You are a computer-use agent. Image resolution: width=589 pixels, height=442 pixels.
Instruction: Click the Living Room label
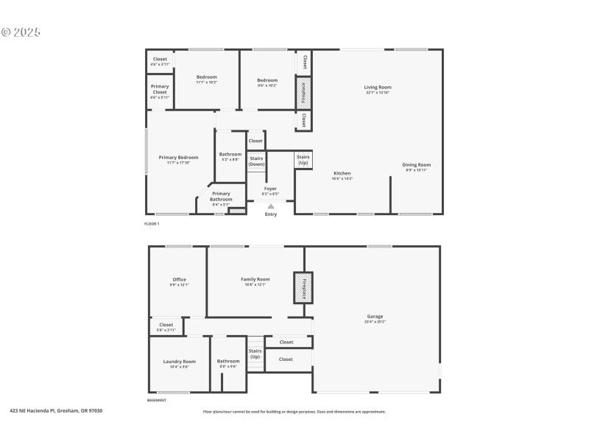click(x=378, y=87)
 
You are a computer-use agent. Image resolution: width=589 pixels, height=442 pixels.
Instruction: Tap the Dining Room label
click(x=417, y=164)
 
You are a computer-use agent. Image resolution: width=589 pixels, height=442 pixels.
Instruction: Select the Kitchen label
click(x=342, y=173)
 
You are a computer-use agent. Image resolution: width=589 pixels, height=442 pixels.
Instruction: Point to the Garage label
click(x=375, y=316)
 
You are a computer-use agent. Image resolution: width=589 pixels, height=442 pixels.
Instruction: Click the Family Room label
click(x=255, y=279)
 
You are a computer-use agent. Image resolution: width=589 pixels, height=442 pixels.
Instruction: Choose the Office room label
click(x=180, y=279)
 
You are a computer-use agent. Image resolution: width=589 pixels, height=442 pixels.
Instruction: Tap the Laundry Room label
click(x=180, y=361)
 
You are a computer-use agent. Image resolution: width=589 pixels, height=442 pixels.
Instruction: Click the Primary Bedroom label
click(x=179, y=157)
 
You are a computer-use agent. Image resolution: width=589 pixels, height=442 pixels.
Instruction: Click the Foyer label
click(x=271, y=189)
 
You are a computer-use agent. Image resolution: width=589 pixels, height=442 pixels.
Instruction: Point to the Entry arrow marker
click(x=271, y=206)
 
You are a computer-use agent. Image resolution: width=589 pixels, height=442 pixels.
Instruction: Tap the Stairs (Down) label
click(x=256, y=161)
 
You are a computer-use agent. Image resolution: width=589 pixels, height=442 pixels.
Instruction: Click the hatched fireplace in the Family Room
click(x=303, y=287)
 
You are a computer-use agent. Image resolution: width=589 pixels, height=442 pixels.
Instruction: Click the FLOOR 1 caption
click(x=152, y=223)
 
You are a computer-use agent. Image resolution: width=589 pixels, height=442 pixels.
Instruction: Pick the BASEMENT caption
click(x=157, y=400)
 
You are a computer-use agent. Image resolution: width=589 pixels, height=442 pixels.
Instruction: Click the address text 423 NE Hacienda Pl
click(x=56, y=410)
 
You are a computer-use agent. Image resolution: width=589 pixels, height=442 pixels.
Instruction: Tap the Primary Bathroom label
click(x=221, y=196)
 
